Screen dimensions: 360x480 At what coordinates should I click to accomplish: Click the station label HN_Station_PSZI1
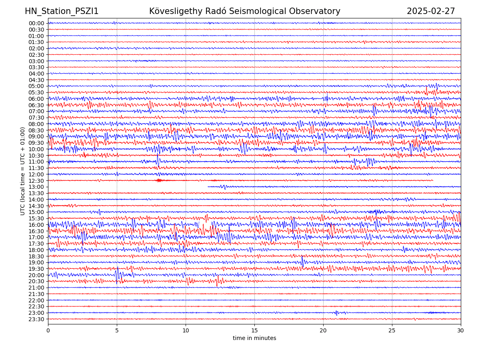coord(62,12)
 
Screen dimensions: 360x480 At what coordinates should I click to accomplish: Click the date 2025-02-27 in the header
coord(431,12)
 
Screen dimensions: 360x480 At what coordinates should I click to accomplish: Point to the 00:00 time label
coord(36,23)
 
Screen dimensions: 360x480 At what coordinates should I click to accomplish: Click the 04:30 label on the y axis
coord(36,80)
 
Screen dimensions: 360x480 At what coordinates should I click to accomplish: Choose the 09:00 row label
coord(36,136)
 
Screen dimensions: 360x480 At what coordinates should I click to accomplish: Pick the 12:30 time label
coord(36,181)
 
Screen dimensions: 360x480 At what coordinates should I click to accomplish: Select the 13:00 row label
coord(36,187)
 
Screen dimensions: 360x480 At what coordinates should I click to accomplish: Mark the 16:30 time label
coord(36,231)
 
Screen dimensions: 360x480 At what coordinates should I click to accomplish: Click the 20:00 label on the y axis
coord(36,275)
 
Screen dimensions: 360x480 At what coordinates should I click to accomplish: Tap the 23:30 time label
coord(36,319)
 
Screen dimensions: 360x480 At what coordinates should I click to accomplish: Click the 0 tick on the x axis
coord(48,331)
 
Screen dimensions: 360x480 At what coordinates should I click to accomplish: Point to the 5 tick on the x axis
coord(117,331)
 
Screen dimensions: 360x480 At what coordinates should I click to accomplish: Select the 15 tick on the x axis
coord(254,331)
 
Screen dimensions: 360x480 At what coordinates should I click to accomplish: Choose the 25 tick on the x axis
coord(392,331)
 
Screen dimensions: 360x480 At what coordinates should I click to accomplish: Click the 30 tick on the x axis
coord(461,331)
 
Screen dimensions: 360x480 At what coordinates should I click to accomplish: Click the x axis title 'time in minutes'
coord(254,338)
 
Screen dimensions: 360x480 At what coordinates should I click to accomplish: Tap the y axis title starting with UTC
coord(23,171)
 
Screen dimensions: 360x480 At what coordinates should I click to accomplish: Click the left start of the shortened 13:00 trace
coord(208,186)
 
